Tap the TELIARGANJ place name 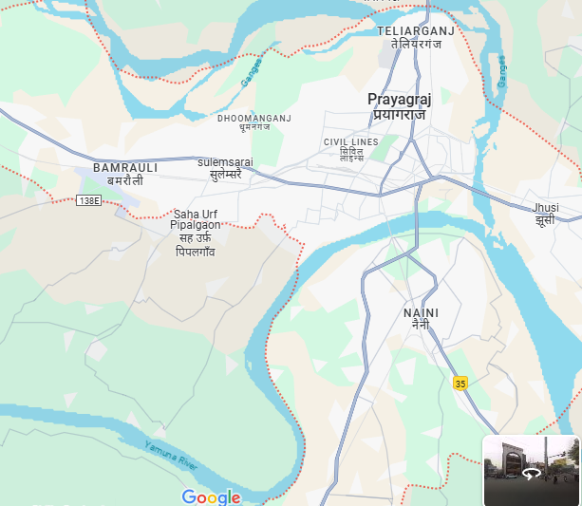coord(416,31)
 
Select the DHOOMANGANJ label coord(254,118)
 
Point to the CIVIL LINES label coord(350,142)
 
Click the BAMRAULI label coord(125,167)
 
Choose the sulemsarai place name coord(225,162)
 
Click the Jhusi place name coord(546,206)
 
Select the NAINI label coord(421,312)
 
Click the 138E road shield coord(88,200)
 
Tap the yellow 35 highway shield coord(460,384)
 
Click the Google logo coord(211,497)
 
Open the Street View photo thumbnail coord(531,470)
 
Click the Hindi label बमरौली coord(125,179)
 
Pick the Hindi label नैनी coord(421,325)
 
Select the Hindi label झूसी coord(546,218)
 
